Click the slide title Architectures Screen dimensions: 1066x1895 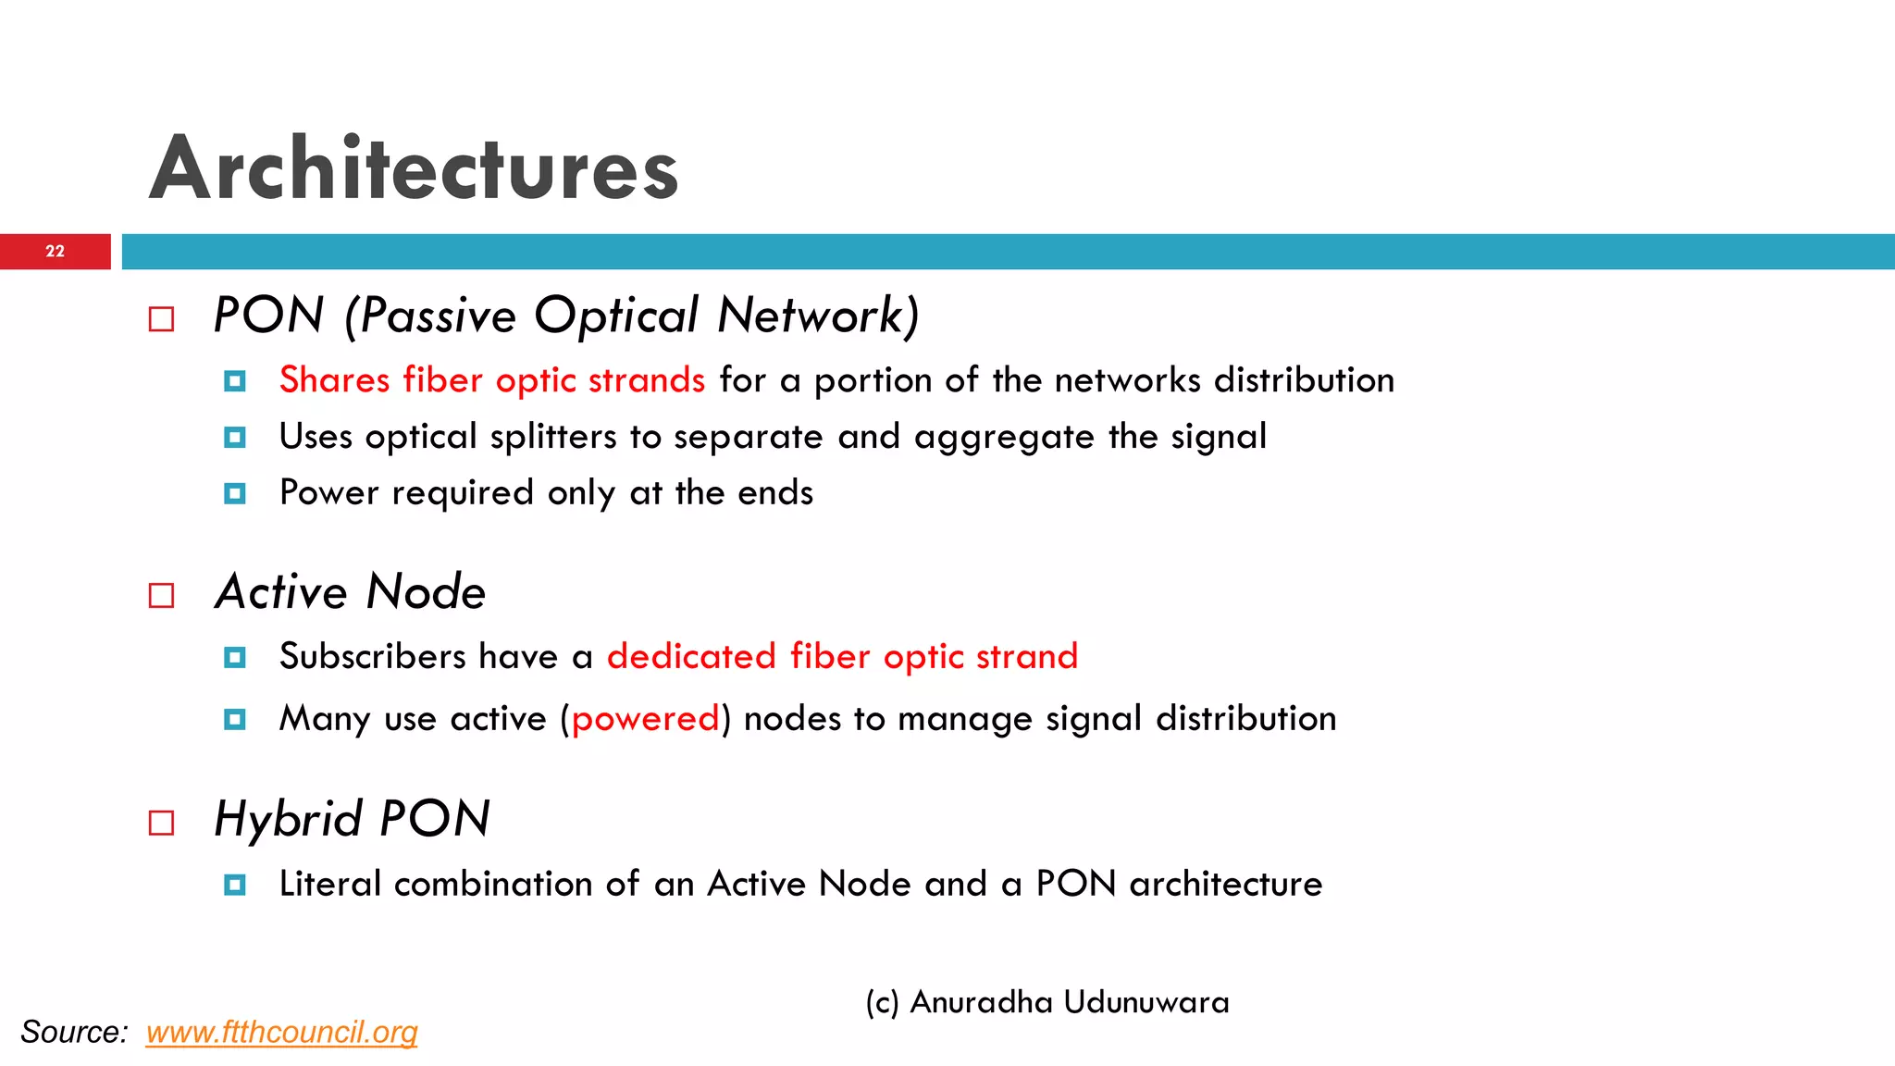(x=414, y=168)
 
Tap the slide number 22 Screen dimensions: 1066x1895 (x=56, y=252)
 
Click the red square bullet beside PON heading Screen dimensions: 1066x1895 (x=161, y=319)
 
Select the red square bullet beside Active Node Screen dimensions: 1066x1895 (x=161, y=595)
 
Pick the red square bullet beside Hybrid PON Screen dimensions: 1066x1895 (x=161, y=823)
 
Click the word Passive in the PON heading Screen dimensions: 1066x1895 (x=438, y=316)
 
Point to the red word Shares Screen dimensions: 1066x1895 (x=334, y=380)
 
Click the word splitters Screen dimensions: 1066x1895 (x=552, y=437)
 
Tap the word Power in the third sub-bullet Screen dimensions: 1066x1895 (x=328, y=493)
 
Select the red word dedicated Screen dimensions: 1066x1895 (x=691, y=657)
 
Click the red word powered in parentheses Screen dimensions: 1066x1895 (x=645, y=719)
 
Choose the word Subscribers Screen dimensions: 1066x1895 (x=372, y=657)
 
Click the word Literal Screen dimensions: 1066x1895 (x=329, y=884)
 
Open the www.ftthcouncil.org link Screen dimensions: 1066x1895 (x=281, y=1032)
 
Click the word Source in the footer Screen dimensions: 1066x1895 (x=73, y=1032)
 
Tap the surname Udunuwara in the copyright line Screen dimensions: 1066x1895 (x=1146, y=1002)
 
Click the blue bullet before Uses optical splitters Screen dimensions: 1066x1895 (x=235, y=437)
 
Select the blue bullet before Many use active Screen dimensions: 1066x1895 (x=235, y=719)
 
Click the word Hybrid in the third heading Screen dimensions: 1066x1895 (x=288, y=820)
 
